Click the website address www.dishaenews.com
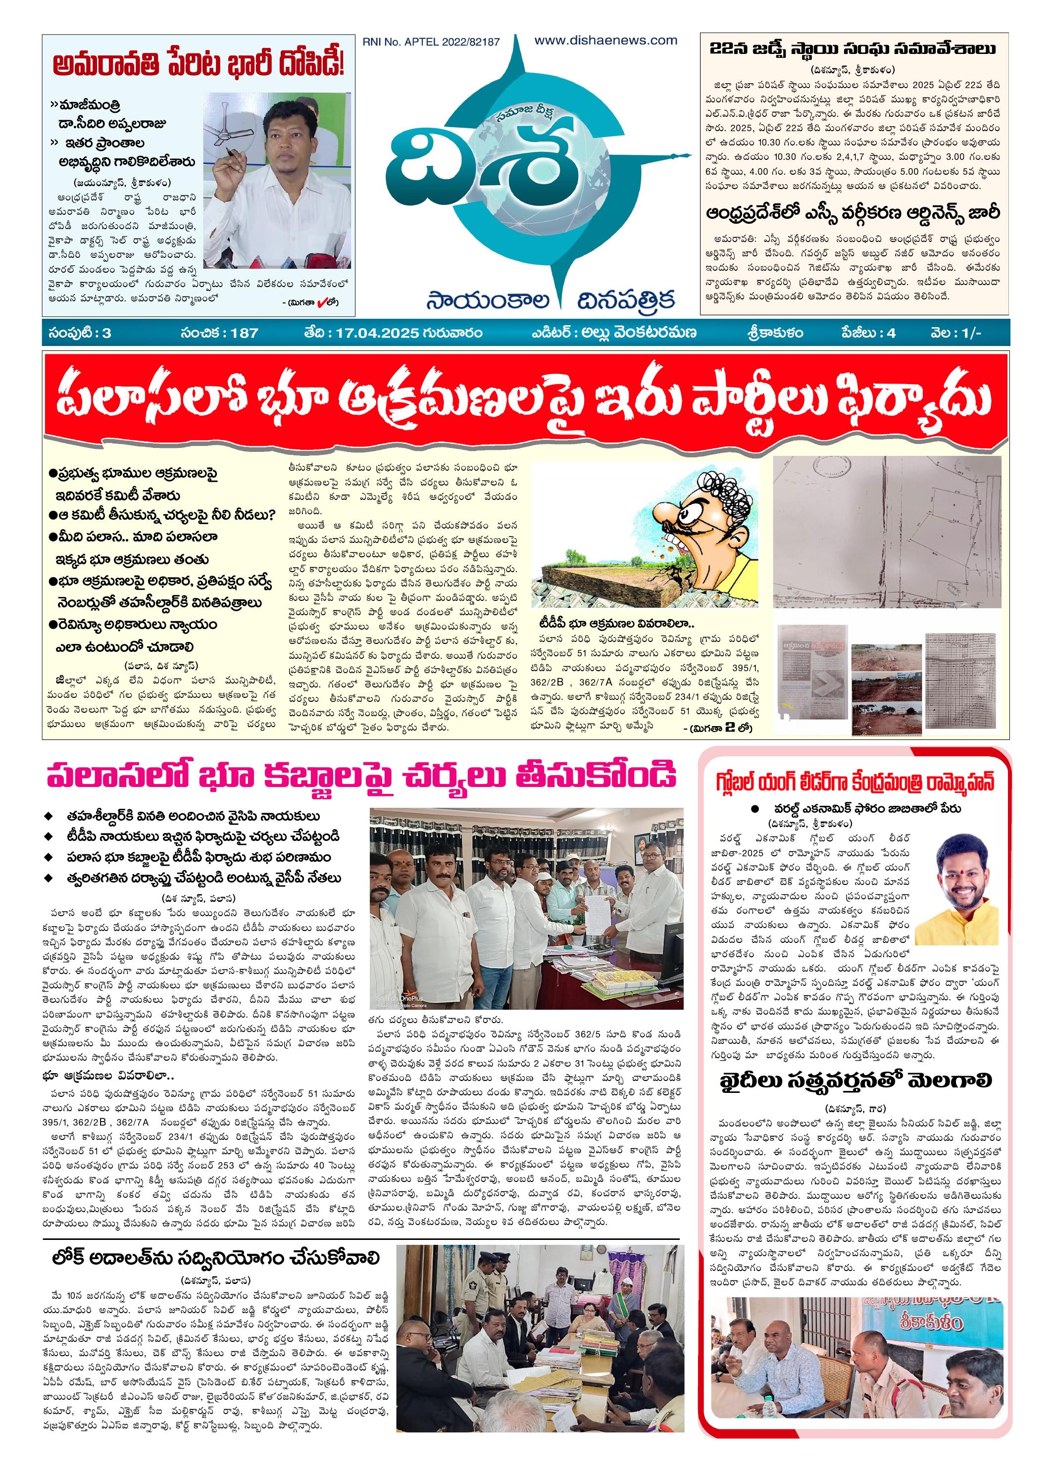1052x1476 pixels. (x=605, y=40)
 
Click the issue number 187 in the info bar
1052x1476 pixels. (x=244, y=333)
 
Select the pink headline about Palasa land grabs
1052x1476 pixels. (x=361, y=775)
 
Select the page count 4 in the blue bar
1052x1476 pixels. (x=892, y=333)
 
